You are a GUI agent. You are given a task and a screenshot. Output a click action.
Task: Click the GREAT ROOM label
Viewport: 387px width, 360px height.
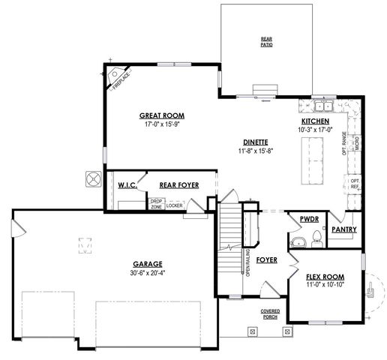coord(161,115)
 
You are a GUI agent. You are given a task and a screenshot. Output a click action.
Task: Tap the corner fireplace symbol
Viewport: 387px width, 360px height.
coord(118,77)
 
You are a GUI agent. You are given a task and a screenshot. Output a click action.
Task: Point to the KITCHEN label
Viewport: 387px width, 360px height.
coord(315,121)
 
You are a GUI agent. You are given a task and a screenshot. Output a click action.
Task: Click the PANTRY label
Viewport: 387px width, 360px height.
coord(344,229)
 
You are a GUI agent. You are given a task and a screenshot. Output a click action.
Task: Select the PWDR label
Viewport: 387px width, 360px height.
coord(310,220)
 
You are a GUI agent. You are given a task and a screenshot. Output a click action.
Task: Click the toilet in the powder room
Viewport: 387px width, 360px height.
coord(316,240)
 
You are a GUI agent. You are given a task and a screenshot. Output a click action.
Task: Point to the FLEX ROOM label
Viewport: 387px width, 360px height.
coord(323,277)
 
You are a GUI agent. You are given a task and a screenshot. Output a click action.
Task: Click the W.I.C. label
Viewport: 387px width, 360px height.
coord(126,184)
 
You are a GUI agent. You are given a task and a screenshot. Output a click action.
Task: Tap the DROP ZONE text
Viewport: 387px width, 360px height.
coord(156,202)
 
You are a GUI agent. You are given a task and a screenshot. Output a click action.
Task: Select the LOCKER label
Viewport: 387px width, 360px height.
coord(174,205)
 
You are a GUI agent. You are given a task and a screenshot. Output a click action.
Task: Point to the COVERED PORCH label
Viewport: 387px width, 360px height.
coord(271,313)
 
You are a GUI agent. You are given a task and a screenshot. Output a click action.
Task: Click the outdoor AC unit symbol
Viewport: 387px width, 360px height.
coord(93,178)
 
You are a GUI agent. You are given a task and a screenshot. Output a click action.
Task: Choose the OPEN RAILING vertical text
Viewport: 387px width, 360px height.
coord(247,263)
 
